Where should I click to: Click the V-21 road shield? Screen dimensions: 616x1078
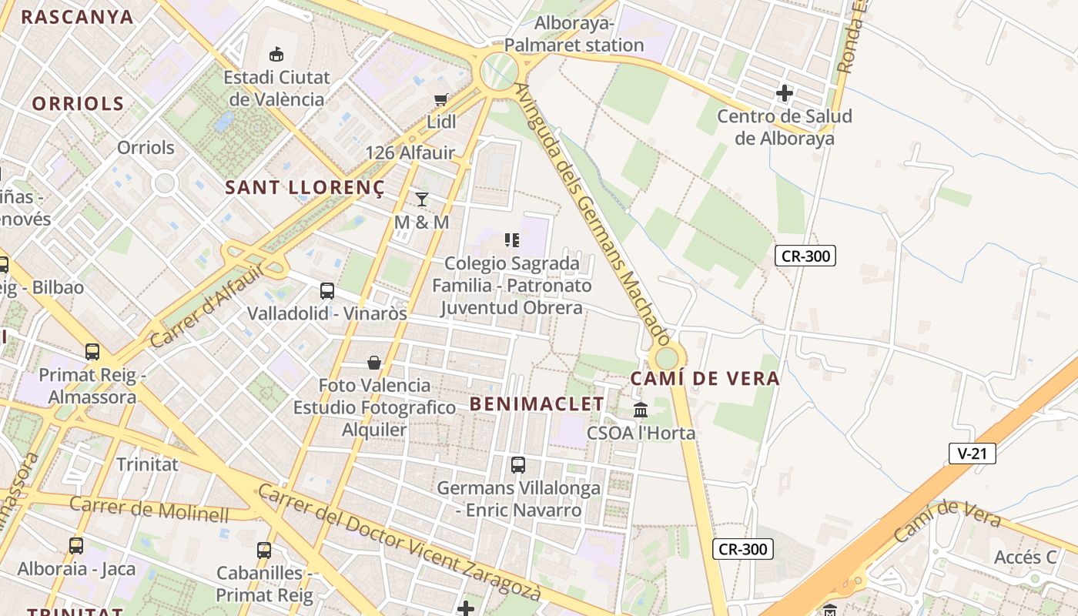click(x=972, y=454)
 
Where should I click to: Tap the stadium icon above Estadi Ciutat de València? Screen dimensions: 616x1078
click(x=276, y=54)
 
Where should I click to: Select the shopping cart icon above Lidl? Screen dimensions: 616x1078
click(x=440, y=99)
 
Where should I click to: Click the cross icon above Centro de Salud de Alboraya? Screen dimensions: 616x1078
click(x=785, y=94)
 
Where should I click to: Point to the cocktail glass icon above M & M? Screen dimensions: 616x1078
click(x=421, y=199)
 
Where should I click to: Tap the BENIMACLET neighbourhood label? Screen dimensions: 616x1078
click(x=537, y=403)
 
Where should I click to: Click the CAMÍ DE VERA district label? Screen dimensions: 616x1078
click(x=705, y=379)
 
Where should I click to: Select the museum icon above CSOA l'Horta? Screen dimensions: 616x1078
click(x=641, y=410)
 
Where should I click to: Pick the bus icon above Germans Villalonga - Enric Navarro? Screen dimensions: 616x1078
click(x=518, y=465)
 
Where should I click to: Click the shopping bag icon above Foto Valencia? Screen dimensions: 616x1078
click(x=374, y=362)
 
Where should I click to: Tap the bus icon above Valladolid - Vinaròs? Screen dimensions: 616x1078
click(x=327, y=291)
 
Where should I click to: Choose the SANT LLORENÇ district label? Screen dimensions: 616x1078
click(x=304, y=187)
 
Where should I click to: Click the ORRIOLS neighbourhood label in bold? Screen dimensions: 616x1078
click(x=78, y=104)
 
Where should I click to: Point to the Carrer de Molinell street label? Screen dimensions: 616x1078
click(x=149, y=509)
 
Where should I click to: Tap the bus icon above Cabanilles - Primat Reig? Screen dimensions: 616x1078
click(x=264, y=551)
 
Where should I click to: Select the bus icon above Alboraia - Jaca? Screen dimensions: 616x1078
click(x=76, y=546)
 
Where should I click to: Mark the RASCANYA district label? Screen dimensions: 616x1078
click(x=77, y=17)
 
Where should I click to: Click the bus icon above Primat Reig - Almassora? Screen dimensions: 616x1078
click(x=92, y=352)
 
